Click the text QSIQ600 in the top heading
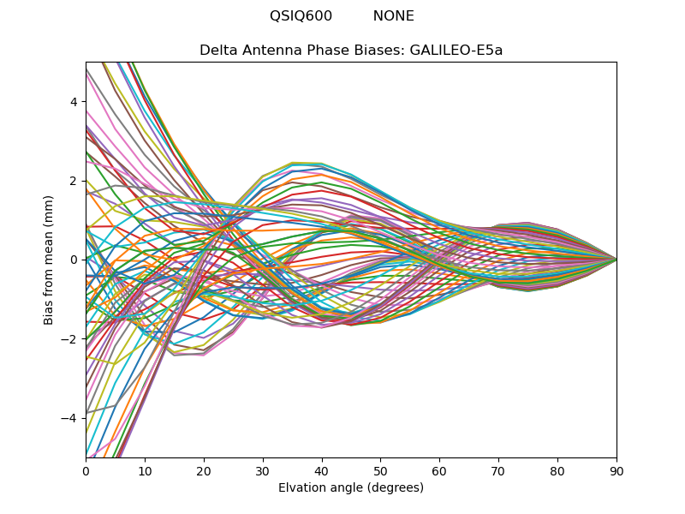[301, 16]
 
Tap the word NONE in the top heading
[393, 16]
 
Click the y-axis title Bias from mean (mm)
[50, 260]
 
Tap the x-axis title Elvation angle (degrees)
[351, 488]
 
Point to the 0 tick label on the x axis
[86, 470]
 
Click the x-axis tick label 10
[145, 470]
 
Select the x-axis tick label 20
[204, 470]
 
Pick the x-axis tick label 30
[263, 470]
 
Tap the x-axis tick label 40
[322, 470]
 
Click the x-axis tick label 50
[380, 470]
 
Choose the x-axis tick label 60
[439, 470]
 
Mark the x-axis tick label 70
[498, 470]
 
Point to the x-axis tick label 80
[557, 470]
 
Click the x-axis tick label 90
[616, 470]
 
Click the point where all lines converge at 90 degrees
[616, 260]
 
